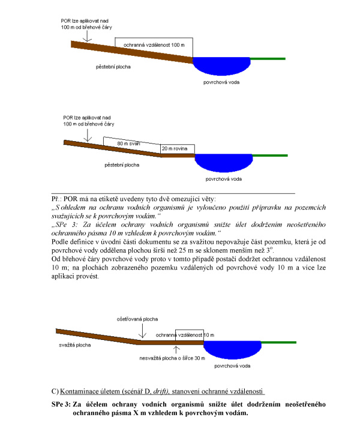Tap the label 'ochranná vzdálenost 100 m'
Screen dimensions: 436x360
coord(154,46)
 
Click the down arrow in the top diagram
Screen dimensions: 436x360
coord(86,37)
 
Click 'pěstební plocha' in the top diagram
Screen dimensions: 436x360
coord(116,64)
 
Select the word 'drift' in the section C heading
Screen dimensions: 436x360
coord(146,392)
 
